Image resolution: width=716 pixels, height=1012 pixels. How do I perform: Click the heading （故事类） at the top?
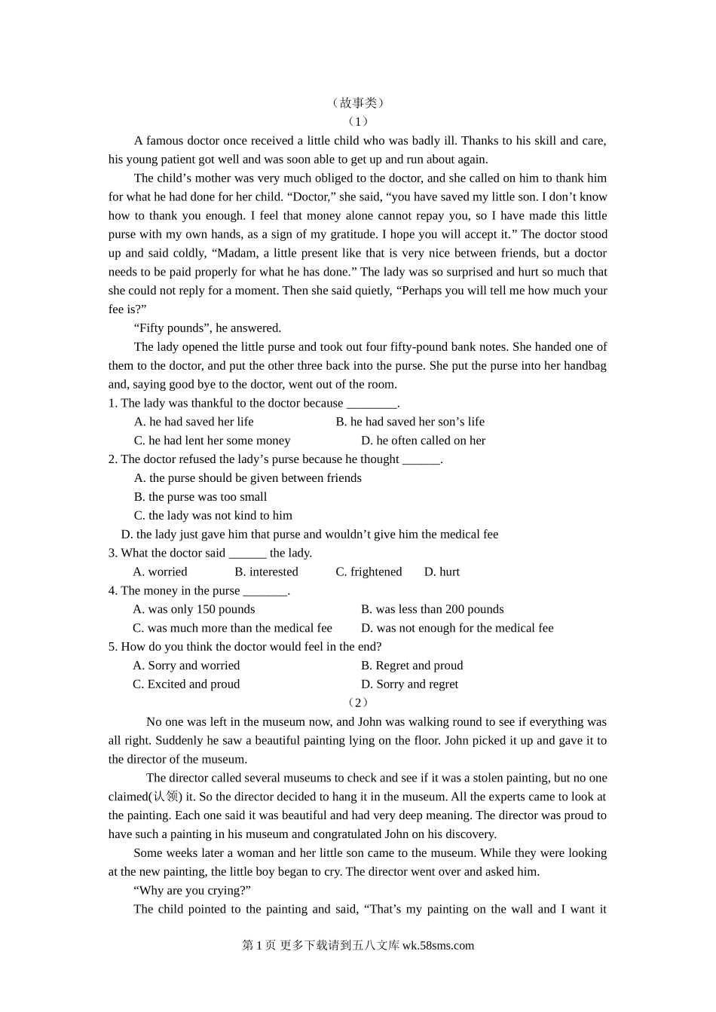pyautogui.click(x=358, y=103)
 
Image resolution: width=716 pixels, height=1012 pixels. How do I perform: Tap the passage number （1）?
pyautogui.click(x=358, y=121)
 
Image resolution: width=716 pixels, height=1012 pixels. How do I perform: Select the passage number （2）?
pyautogui.click(x=358, y=703)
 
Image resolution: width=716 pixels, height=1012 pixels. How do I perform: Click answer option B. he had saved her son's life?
pyautogui.click(x=410, y=422)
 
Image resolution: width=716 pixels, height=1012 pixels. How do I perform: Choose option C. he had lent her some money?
pyautogui.click(x=212, y=440)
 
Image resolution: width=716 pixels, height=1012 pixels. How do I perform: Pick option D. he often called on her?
pyautogui.click(x=423, y=440)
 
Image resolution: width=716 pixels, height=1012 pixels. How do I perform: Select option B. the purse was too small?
pyautogui.click(x=200, y=497)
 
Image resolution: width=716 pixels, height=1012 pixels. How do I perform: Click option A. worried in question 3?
pyautogui.click(x=160, y=572)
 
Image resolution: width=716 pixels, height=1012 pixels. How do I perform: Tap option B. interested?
pyautogui.click(x=266, y=572)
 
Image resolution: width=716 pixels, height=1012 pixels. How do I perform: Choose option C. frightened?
pyautogui.click(x=369, y=572)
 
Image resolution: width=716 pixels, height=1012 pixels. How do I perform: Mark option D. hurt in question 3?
pyautogui.click(x=442, y=572)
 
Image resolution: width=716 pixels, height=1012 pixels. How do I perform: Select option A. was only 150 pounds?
pyautogui.click(x=194, y=609)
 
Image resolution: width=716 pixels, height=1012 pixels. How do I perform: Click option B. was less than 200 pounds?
pyautogui.click(x=432, y=609)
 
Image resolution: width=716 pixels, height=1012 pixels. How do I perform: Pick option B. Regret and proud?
pyautogui.click(x=412, y=666)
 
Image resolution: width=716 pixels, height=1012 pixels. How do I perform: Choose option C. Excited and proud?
pyautogui.click(x=186, y=684)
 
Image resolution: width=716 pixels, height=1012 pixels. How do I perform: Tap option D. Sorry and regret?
pyautogui.click(x=409, y=684)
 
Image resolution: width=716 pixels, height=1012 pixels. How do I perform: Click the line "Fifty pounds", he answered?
pyautogui.click(x=207, y=328)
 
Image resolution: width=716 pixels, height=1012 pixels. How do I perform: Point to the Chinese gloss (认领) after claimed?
pyautogui.click(x=166, y=797)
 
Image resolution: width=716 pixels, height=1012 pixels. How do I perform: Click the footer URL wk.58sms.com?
pyautogui.click(x=438, y=946)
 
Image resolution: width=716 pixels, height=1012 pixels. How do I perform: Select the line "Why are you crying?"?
pyautogui.click(x=192, y=891)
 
